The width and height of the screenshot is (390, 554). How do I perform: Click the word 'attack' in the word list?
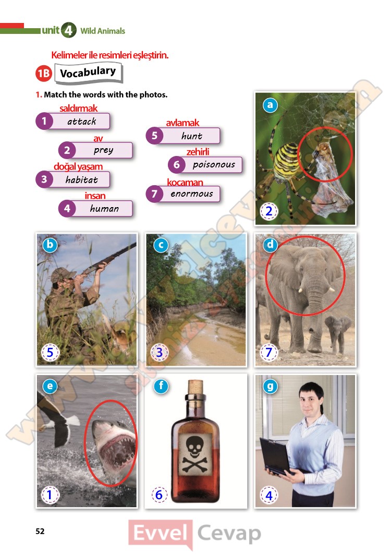tap(82, 122)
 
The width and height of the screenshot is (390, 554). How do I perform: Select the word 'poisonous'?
tap(214, 165)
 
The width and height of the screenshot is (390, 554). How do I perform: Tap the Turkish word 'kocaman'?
tap(185, 182)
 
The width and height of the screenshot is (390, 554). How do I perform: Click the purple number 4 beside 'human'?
tap(67, 209)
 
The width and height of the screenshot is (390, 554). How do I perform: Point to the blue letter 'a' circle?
tap(270, 105)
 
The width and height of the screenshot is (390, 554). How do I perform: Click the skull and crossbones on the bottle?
tap(194, 454)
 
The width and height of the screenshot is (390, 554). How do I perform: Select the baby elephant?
tap(337, 333)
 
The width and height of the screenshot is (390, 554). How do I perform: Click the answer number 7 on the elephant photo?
tap(269, 352)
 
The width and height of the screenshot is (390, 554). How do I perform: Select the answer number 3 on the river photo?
tap(160, 352)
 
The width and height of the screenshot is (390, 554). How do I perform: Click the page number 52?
tap(40, 531)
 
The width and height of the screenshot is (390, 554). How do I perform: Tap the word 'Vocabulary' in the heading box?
tap(88, 73)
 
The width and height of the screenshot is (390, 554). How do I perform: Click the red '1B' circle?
tap(44, 74)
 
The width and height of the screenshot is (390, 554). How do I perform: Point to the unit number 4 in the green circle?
tap(68, 30)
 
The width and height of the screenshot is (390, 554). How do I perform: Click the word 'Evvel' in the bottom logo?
tap(161, 533)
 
